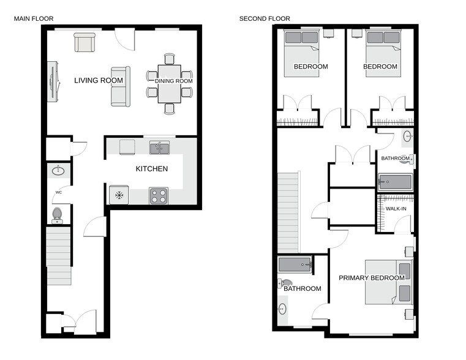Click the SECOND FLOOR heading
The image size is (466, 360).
[x=265, y=18]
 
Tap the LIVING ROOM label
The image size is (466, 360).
[x=99, y=80]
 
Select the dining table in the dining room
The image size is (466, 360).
[x=170, y=84]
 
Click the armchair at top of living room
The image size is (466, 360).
[x=85, y=42]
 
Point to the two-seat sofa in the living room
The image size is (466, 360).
[x=120, y=86]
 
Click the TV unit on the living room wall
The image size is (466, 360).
[x=53, y=81]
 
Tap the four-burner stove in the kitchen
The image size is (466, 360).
[x=159, y=195]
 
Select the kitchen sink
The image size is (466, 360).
[x=159, y=147]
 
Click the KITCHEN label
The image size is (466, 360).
[x=151, y=169]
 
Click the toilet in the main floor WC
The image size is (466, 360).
[x=57, y=214]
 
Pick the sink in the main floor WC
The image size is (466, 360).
[x=59, y=171]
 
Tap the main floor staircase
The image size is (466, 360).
[x=59, y=255]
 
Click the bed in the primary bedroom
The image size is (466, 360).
[x=388, y=282]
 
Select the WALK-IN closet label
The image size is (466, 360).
[x=396, y=209]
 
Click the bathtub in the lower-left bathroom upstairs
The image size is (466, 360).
[x=295, y=264]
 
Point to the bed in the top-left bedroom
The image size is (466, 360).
[x=301, y=53]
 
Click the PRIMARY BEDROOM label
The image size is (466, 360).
[x=372, y=277]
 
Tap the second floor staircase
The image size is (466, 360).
[x=288, y=212]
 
